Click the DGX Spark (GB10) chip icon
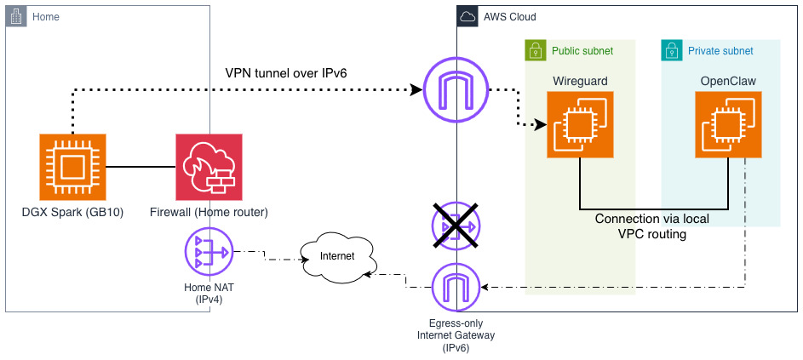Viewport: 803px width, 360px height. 72,167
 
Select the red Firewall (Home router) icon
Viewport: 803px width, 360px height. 208,167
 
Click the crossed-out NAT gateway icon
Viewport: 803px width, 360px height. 456,226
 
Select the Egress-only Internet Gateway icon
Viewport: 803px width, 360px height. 456,289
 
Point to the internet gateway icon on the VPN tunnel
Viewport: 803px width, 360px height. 456,89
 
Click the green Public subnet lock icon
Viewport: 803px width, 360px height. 535,50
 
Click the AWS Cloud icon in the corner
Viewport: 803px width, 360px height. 467,16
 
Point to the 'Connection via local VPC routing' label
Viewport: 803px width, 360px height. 651,226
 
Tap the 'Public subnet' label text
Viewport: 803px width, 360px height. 582,51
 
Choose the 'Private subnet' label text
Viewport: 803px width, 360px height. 720,51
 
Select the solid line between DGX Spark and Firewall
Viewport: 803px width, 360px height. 140,167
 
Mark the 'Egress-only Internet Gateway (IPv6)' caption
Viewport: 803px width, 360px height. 456,335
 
